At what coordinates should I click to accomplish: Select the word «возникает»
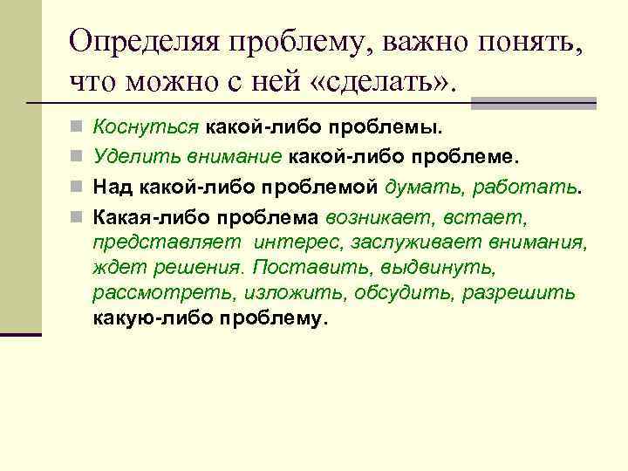click(x=373, y=214)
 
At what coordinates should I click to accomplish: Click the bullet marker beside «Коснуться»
click(x=78, y=130)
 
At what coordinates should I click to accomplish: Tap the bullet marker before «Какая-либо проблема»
click(x=78, y=215)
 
